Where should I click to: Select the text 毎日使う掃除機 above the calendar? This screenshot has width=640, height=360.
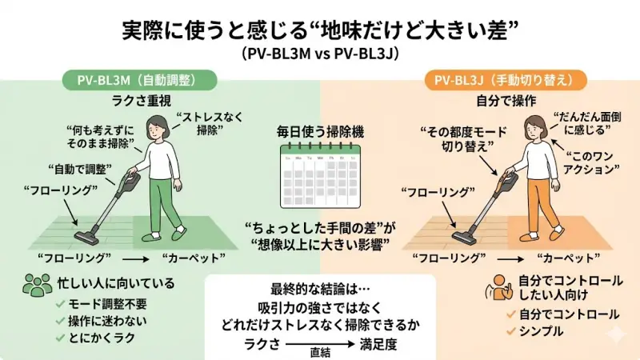pos(320,130)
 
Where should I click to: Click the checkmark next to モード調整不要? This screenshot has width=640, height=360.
pos(60,304)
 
